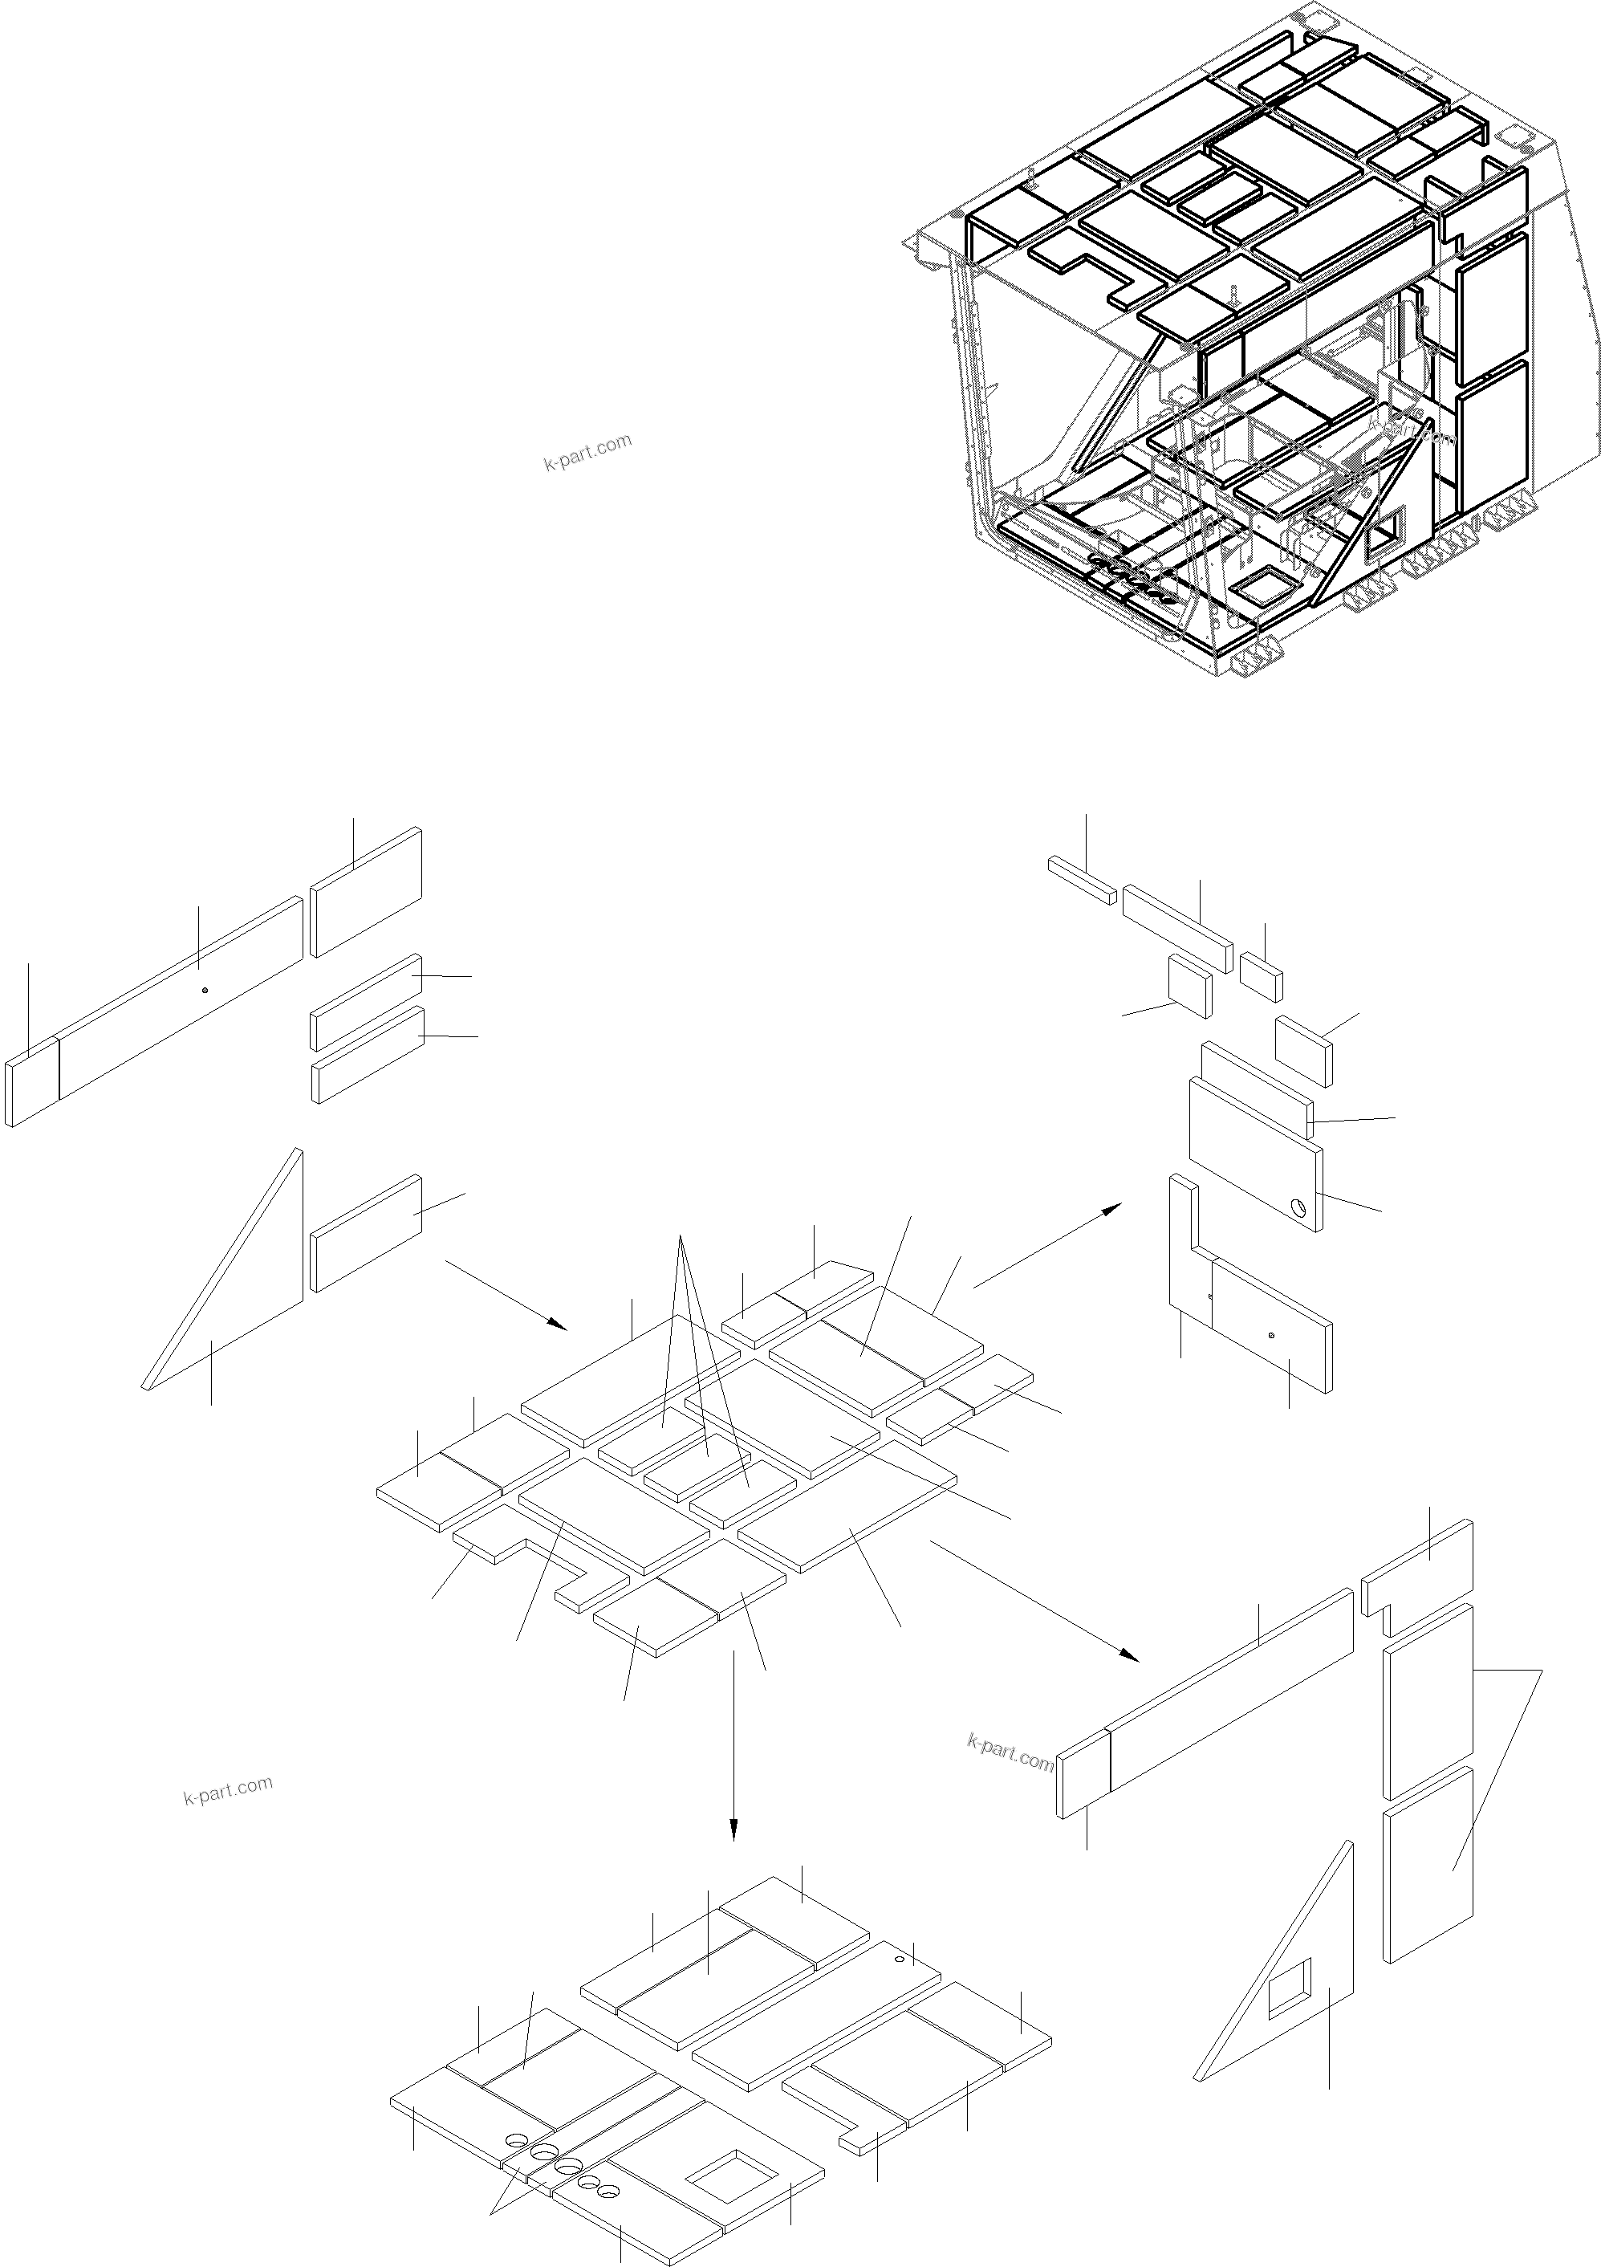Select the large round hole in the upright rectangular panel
tap(1300, 1206)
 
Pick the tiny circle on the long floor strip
tap(898, 1958)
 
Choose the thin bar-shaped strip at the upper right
tap(1082, 880)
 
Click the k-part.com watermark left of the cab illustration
tap(587, 452)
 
